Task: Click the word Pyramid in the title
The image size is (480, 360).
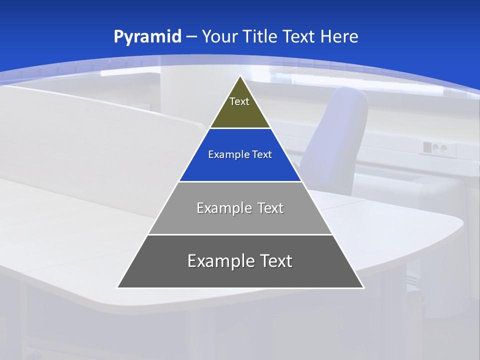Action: point(147,37)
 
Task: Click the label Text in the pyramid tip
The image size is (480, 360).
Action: point(239,101)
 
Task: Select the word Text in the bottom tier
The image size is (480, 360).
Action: point(273,261)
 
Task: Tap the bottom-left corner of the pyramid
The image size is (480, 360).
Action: point(117,287)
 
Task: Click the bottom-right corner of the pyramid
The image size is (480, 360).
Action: point(363,287)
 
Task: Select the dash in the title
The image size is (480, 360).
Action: point(191,37)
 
